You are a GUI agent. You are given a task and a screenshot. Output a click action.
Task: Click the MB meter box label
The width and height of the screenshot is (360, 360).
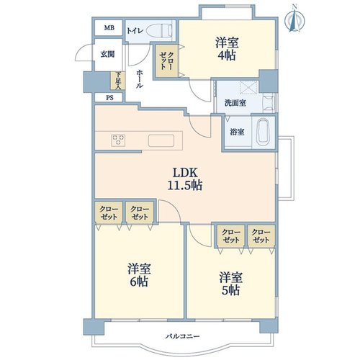pos(109,28)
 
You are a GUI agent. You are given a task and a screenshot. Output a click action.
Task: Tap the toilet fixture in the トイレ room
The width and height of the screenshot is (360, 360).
pos(159,30)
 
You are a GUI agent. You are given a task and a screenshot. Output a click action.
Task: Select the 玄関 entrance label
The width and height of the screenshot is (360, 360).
pos(107,54)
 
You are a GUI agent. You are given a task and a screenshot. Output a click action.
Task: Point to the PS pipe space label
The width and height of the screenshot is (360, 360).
pos(109,98)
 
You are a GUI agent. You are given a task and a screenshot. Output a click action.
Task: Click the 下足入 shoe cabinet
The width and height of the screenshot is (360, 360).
pos(117,81)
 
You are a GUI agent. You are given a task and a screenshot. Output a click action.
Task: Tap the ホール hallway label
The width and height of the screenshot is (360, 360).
pos(140,79)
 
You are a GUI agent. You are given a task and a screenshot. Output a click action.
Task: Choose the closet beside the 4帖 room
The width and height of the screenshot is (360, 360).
pos(166,61)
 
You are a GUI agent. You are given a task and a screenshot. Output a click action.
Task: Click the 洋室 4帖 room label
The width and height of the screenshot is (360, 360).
pos(227,49)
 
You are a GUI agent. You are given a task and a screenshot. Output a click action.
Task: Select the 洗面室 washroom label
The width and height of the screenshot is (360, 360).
pos(235,103)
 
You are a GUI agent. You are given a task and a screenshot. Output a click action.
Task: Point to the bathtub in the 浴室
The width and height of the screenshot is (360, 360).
pos(264,132)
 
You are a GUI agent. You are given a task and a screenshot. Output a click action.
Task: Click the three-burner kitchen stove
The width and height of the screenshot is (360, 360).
pos(118,140)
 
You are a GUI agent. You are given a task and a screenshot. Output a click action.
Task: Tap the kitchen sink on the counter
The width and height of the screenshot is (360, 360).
pos(161,140)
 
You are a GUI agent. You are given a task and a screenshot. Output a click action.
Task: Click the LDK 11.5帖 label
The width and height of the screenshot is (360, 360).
pos(184,179)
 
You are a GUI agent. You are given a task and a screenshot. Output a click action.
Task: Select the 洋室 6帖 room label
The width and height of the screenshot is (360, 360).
pos(139,275)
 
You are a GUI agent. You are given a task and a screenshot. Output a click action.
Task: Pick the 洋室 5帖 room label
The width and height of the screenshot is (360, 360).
pos(230,284)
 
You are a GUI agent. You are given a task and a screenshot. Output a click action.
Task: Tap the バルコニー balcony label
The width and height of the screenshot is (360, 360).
pos(182,336)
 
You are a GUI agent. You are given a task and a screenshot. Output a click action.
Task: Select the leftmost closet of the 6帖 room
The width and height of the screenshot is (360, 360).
pos(109,213)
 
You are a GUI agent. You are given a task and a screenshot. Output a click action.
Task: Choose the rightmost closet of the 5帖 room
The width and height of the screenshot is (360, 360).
pos(261,236)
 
